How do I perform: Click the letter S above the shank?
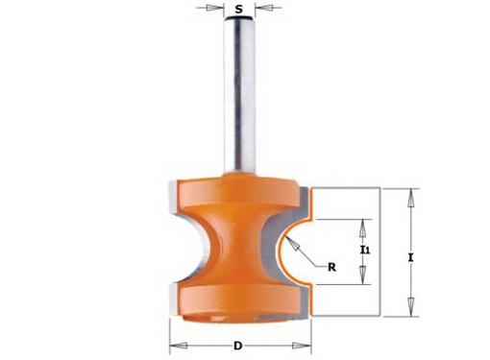238,9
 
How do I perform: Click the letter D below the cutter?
237,346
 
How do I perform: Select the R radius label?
331,267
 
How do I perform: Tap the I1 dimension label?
365,250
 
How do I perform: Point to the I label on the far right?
410,257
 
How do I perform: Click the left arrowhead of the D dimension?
179,346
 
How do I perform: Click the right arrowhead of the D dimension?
302,346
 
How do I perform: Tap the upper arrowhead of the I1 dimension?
362,228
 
